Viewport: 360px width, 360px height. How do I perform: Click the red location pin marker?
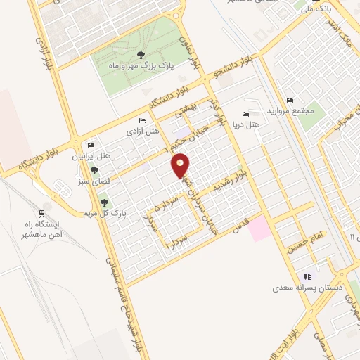(181, 165)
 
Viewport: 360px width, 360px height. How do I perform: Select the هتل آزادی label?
(142, 131)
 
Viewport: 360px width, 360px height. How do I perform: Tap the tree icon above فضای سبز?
(94, 170)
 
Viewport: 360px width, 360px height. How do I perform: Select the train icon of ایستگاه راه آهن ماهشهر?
(42, 213)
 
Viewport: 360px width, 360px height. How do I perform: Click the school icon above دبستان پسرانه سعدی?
(307, 276)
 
